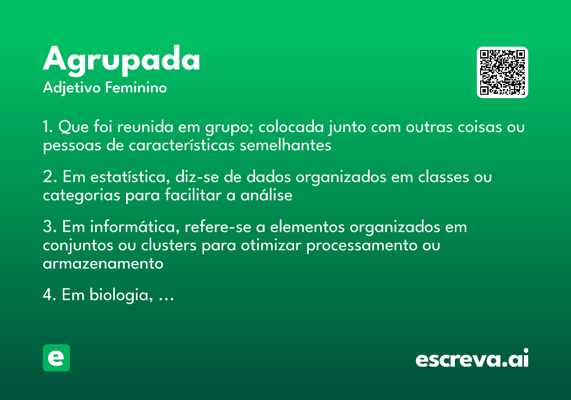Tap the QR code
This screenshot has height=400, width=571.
(502, 72)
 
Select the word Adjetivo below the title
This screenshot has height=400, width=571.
(72, 88)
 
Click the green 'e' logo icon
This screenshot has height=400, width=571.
(56, 358)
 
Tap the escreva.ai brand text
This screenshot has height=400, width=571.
(472, 359)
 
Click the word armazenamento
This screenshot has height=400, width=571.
(103, 263)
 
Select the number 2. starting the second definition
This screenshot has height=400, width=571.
(50, 177)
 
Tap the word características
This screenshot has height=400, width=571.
(182, 145)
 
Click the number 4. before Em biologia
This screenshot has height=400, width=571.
(50, 296)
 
